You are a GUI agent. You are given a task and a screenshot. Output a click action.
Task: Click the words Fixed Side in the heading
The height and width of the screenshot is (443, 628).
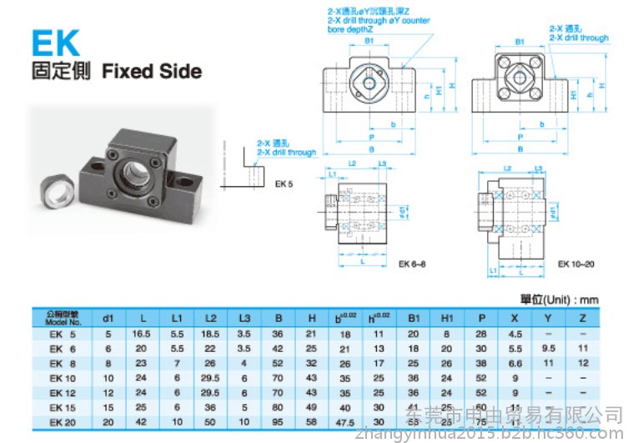click(x=151, y=71)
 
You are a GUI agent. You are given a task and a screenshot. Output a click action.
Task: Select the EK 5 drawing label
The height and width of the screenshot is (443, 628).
click(x=283, y=183)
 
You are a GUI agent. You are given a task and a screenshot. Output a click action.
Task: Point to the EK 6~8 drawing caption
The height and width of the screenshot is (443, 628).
click(x=413, y=265)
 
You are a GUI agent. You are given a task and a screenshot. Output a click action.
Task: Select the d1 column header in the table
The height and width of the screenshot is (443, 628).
click(x=108, y=319)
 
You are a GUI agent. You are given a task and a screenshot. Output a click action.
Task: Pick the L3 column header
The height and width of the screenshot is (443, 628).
click(x=244, y=319)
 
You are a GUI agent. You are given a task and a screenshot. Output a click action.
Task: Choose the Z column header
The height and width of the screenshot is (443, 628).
click(x=582, y=319)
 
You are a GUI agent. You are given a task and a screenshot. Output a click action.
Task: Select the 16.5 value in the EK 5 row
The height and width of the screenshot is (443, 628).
click(x=142, y=335)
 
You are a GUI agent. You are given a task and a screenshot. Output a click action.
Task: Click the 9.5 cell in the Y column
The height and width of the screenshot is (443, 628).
click(x=548, y=349)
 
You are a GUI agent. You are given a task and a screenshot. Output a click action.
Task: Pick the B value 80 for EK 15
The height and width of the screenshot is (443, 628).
click(x=278, y=406)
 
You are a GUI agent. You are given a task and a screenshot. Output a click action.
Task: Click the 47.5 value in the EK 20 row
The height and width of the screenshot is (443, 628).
click(x=344, y=421)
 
